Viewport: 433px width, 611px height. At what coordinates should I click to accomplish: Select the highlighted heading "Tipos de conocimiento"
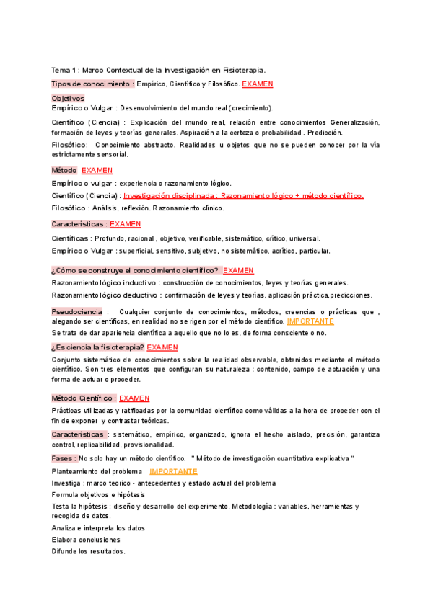pos(92,84)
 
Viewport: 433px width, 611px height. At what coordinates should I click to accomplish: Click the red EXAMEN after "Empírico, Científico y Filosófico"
pos(258,84)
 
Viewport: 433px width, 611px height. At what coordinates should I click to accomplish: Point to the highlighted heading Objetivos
pos(68,98)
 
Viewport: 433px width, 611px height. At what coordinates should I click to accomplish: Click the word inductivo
pos(139,282)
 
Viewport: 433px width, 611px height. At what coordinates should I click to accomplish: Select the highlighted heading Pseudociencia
pos(78,311)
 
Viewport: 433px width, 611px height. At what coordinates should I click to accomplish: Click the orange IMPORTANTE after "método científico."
pos(310,321)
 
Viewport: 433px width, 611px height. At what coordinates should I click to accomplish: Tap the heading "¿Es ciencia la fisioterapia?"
pos(97,347)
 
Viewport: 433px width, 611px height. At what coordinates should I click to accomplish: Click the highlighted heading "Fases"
pos(63,458)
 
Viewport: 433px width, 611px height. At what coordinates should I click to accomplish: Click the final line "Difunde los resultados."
pos(88,551)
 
